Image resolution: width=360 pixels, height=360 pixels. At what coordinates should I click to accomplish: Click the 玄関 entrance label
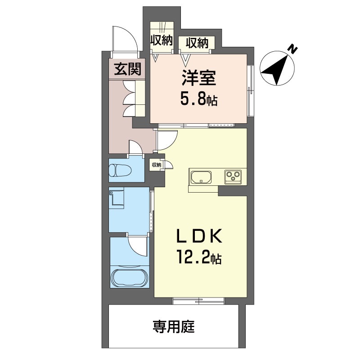point(127,69)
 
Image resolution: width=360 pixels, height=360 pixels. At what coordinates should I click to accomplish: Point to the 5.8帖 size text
point(199,99)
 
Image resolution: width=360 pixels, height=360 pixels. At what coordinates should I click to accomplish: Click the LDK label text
point(199,236)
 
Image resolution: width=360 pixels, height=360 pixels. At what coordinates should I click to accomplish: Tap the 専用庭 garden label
point(174,327)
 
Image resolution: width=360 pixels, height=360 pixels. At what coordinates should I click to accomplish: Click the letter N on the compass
point(292,49)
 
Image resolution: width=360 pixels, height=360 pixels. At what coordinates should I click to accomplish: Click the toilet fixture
point(120,171)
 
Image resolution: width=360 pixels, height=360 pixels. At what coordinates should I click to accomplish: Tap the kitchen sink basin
point(201,177)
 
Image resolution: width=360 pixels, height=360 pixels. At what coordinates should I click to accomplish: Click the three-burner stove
point(233,176)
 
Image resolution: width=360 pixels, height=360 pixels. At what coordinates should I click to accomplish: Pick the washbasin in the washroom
point(117,198)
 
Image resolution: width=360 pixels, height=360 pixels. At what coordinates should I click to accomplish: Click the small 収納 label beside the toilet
point(157,165)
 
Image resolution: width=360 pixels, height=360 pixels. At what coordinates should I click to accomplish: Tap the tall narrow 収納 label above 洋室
point(162,41)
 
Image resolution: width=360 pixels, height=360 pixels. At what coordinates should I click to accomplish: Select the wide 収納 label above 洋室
point(197,43)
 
